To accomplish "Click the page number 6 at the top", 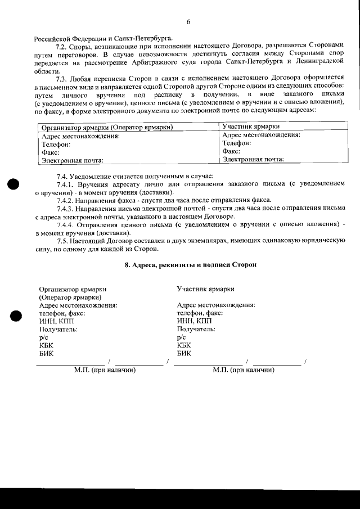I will [x=188, y=22].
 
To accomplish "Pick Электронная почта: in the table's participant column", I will [x=253, y=160].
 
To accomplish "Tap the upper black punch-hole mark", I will [x=13, y=184].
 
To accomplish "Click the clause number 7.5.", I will [x=64, y=240].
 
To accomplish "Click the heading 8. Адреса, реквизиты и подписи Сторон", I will [x=190, y=264].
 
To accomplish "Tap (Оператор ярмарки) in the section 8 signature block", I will [x=70, y=297].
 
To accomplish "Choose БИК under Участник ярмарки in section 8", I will [x=184, y=353].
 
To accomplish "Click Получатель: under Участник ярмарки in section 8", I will [x=196, y=329].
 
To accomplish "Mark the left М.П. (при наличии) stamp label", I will [x=105, y=370].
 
